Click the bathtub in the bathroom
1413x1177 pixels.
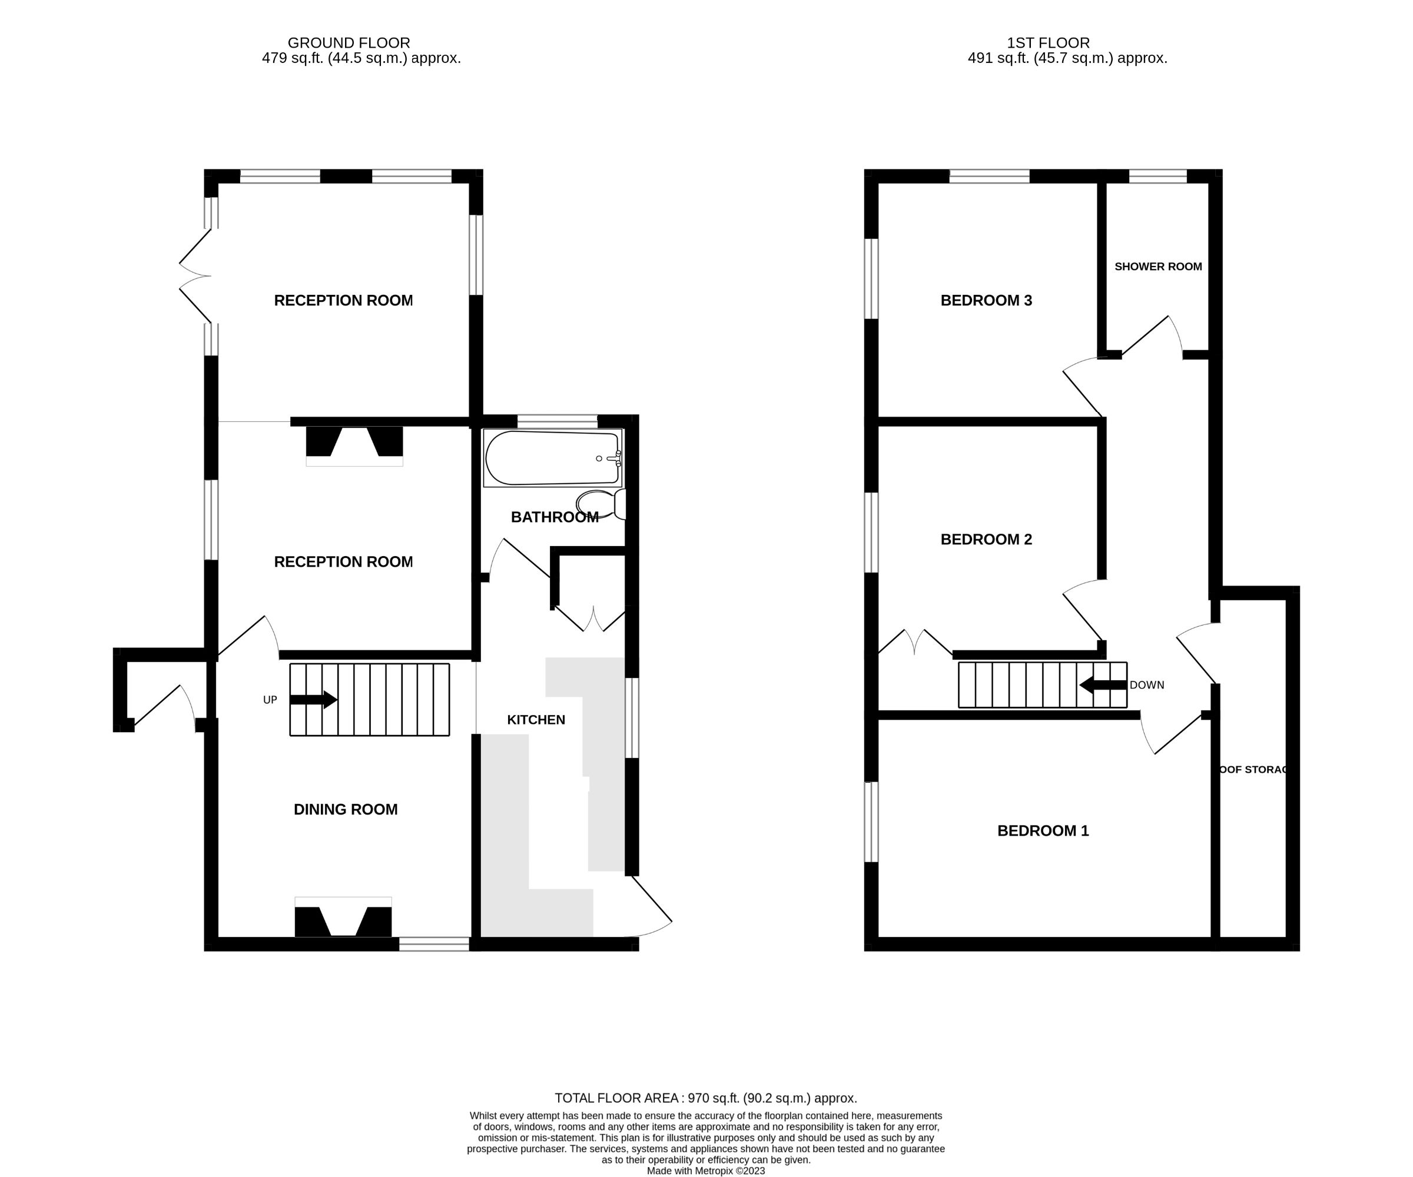tap(552, 458)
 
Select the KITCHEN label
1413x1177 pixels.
tap(536, 720)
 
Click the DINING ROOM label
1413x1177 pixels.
tap(345, 809)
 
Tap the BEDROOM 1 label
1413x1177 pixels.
tap(1042, 830)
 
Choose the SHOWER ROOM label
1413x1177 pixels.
tap(1157, 267)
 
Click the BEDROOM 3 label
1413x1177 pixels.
tap(986, 300)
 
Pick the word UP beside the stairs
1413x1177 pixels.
tap(270, 700)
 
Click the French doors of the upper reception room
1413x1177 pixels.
tap(195, 276)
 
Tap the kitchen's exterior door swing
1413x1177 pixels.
tap(649, 908)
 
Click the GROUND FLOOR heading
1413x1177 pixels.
tap(349, 43)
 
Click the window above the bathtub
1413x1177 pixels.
tap(557, 421)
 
